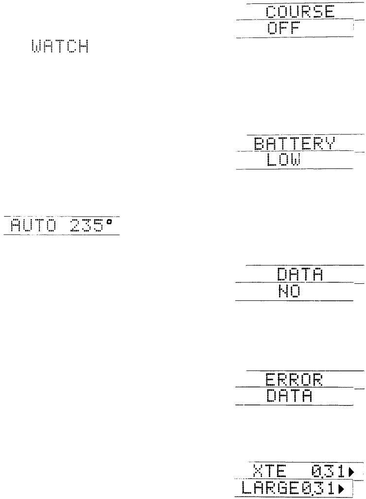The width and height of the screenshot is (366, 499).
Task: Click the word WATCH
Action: tap(60, 47)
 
